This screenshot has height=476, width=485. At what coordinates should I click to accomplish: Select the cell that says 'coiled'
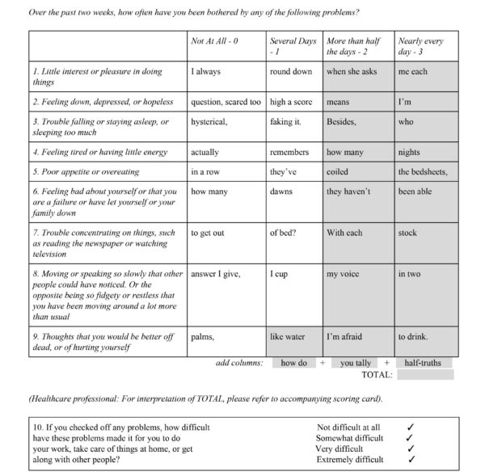357,171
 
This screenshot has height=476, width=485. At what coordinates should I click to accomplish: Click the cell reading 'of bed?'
293,233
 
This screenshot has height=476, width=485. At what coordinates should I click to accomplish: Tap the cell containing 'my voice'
357,274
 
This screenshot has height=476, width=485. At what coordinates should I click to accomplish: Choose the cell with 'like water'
293,336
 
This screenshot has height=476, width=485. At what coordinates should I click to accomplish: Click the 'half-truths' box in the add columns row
424,364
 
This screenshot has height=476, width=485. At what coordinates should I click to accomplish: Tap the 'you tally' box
356,364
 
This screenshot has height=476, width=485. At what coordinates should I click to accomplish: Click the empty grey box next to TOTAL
425,375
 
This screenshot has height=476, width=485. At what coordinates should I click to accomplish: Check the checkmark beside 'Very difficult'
411,448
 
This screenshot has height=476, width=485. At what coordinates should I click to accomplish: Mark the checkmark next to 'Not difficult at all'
411,426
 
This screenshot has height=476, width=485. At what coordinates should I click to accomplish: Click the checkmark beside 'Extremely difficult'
411,459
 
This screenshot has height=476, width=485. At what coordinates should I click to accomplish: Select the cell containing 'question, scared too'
226,103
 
